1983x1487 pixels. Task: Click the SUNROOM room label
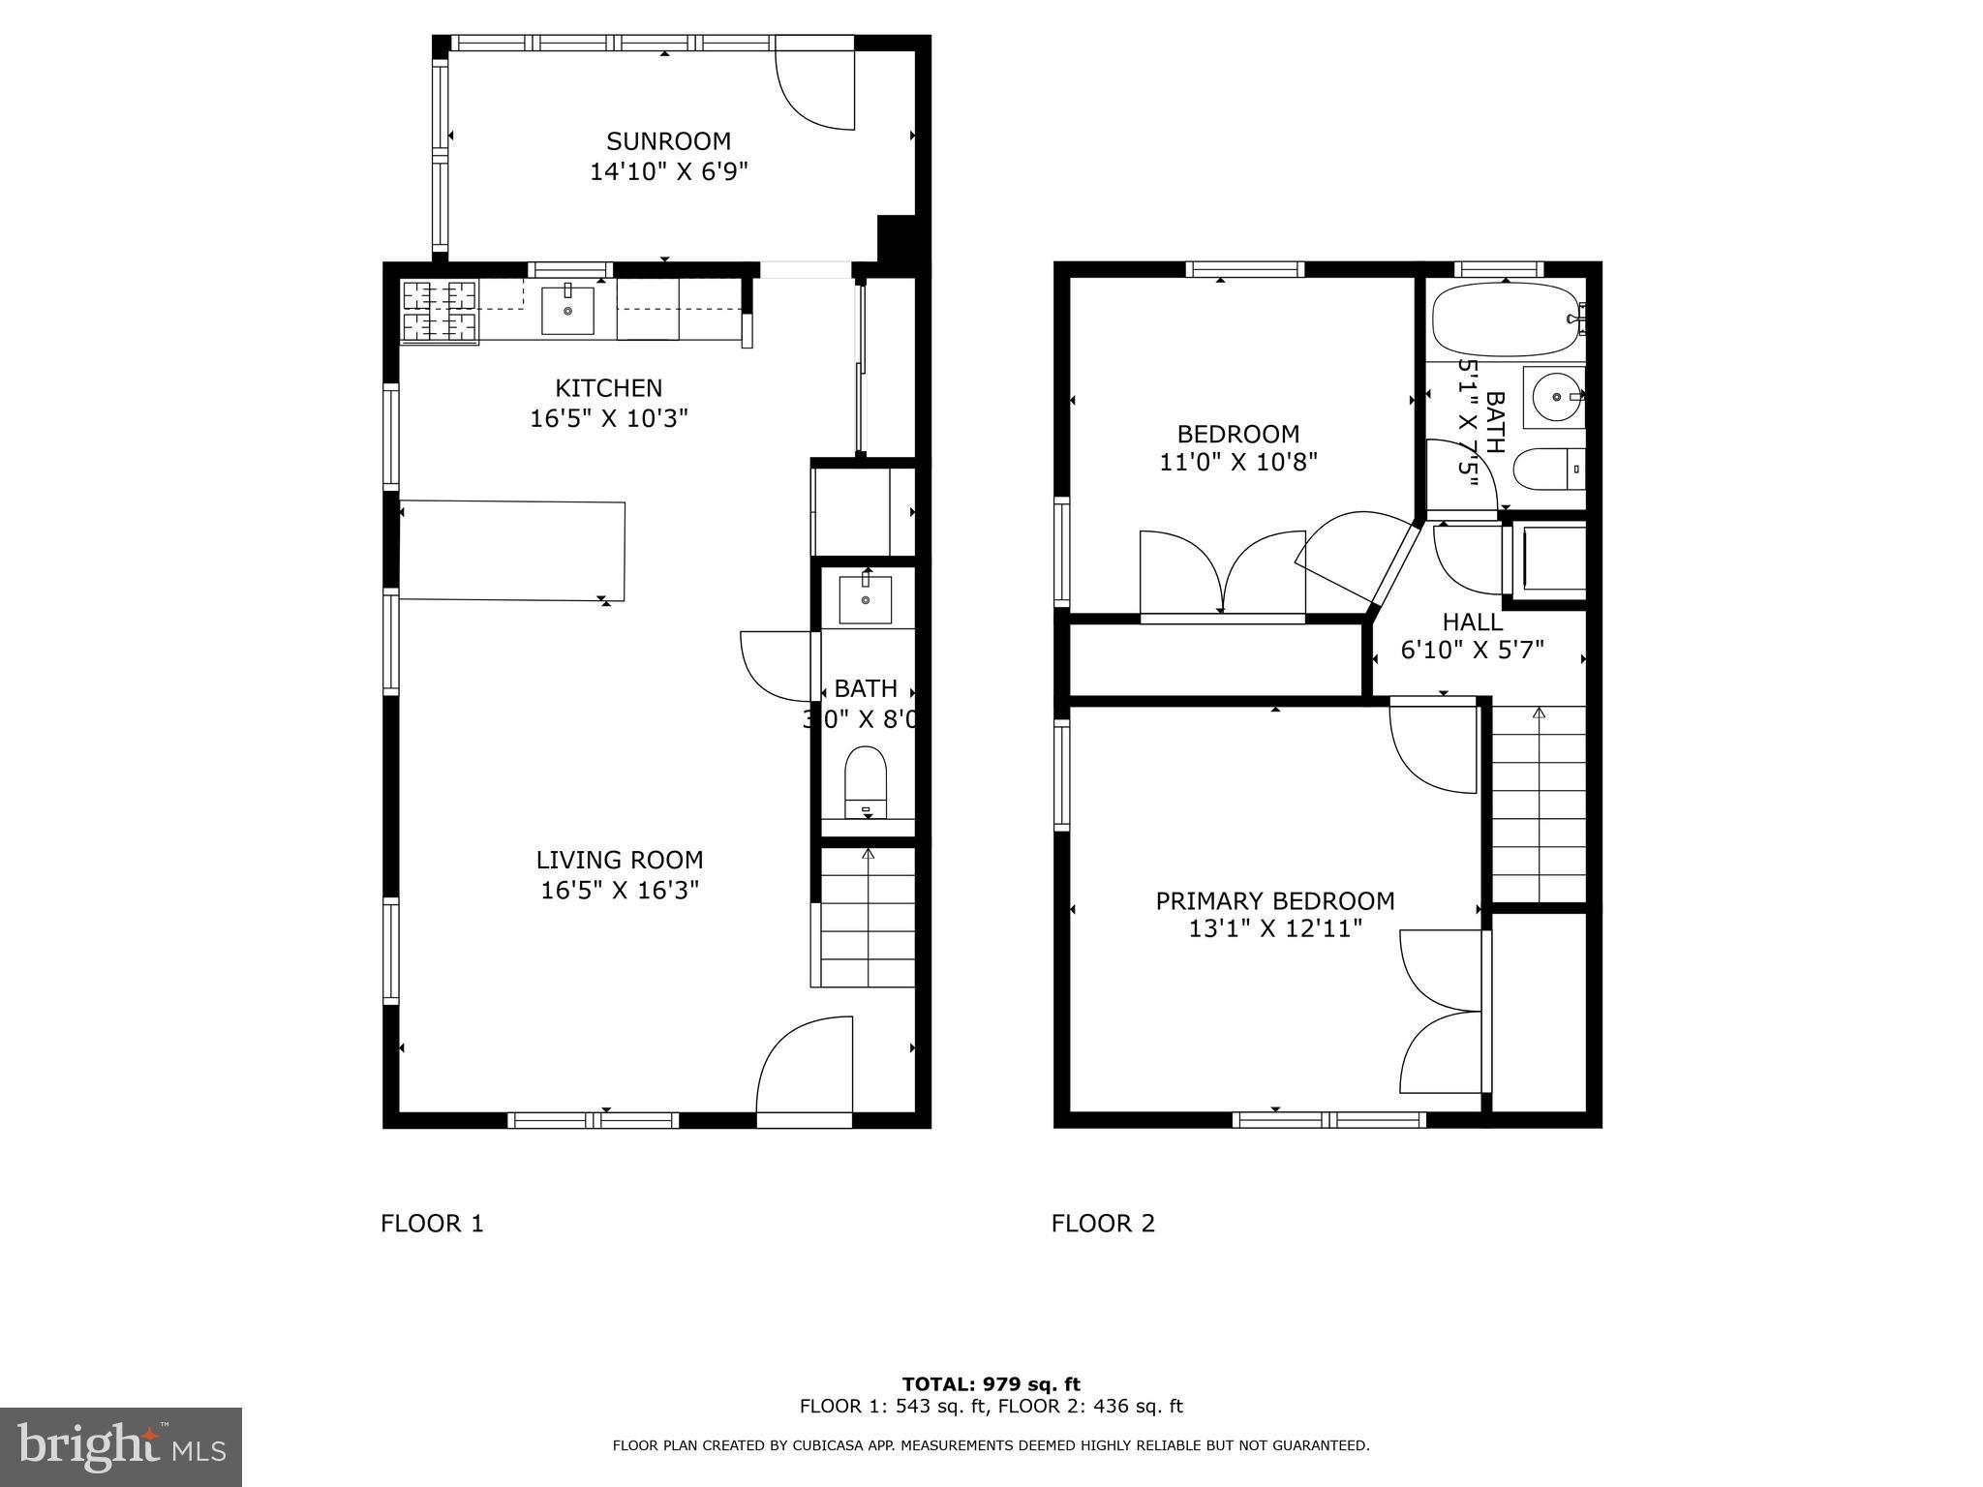(x=668, y=141)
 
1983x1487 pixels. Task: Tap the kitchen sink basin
(x=566, y=310)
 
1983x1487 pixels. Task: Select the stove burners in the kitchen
(x=440, y=312)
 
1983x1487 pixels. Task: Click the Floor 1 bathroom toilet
(x=866, y=780)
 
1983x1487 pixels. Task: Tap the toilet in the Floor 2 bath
(x=1546, y=470)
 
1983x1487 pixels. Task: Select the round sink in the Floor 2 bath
(x=1553, y=397)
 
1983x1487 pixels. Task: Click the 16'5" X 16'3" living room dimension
(x=620, y=890)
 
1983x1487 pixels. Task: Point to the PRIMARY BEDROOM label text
(x=1274, y=901)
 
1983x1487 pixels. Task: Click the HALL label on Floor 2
(x=1472, y=622)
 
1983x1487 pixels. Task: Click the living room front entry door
(x=804, y=1070)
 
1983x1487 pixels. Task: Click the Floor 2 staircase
(x=1538, y=804)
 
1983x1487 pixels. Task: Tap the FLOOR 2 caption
(x=1103, y=1224)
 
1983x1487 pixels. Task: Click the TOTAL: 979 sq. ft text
(x=991, y=1384)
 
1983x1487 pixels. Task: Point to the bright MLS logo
(x=121, y=1446)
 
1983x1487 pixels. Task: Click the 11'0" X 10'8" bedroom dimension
(x=1237, y=463)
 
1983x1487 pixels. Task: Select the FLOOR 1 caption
(x=432, y=1224)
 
